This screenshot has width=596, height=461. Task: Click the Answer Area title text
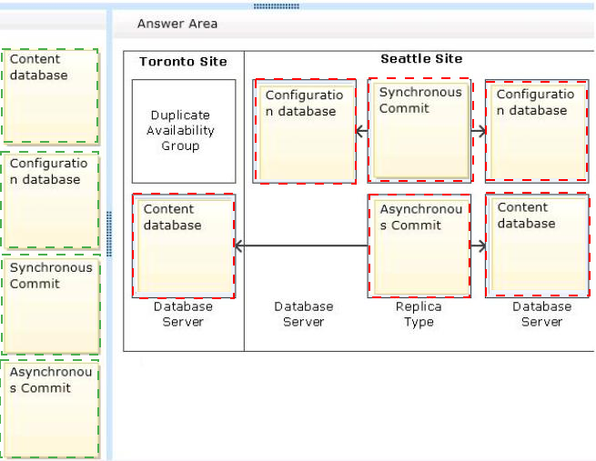(x=177, y=24)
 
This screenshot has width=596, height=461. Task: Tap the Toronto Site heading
(x=183, y=62)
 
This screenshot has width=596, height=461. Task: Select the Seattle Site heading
(x=421, y=59)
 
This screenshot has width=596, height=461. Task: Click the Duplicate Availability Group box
(x=184, y=131)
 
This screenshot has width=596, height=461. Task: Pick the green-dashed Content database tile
(x=51, y=96)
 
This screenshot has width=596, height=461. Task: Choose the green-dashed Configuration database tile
(x=50, y=200)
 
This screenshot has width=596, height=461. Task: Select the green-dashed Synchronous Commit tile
(x=51, y=305)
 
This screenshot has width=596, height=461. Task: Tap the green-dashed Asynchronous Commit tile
(x=50, y=409)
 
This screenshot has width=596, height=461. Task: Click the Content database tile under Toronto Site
(x=184, y=246)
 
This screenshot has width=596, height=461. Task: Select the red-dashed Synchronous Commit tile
(x=420, y=131)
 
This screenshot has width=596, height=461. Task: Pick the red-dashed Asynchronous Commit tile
(x=419, y=246)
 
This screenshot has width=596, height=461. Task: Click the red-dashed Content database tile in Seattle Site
(x=538, y=245)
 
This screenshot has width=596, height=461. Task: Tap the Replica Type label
(x=419, y=314)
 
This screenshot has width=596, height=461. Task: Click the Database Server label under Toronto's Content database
(x=183, y=314)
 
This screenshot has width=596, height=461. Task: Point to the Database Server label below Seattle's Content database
(x=541, y=314)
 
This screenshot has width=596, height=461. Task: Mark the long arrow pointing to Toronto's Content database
(x=302, y=246)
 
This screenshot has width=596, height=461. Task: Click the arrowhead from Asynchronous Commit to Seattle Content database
(x=481, y=246)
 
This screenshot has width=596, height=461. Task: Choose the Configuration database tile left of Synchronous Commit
(x=305, y=131)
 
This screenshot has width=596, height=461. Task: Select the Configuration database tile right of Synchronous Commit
(x=537, y=131)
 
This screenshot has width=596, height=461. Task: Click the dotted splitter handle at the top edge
(x=277, y=6)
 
